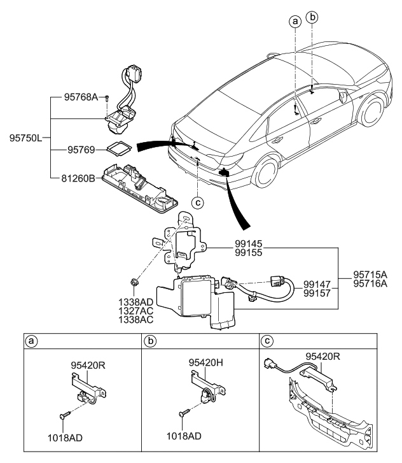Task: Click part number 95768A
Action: (81, 97)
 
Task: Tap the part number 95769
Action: (81, 151)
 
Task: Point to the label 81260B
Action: (79, 179)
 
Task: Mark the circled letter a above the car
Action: (295, 21)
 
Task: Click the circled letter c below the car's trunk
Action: (198, 203)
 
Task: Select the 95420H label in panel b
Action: (205, 362)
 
